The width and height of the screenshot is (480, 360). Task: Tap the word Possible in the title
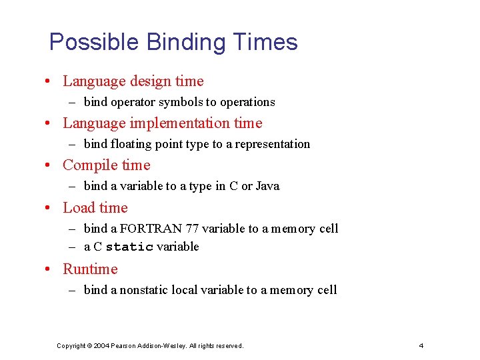pos(94,43)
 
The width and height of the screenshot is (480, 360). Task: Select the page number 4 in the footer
pos(421,345)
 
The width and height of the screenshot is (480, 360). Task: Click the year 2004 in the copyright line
pos(102,345)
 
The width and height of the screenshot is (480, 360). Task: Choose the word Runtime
pos(90,269)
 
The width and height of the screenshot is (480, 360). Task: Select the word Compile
pos(86,165)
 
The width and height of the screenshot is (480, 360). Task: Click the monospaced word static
pos(129,247)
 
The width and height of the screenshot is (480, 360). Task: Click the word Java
pos(267,186)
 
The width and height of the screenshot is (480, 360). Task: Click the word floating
pos(131,144)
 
